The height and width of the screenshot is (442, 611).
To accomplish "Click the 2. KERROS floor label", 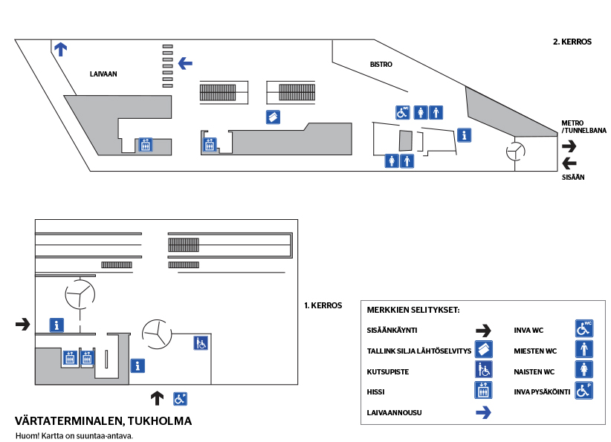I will [572, 42].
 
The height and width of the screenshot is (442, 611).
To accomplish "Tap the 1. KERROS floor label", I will [323, 305].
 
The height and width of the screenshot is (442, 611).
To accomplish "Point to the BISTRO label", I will [381, 65].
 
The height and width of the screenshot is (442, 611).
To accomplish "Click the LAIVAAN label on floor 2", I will [103, 74].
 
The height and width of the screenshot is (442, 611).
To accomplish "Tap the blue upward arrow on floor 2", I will [60, 50].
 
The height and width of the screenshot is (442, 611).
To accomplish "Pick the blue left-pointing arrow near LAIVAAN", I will [185, 64].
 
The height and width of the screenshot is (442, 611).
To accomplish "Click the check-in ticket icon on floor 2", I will [274, 116].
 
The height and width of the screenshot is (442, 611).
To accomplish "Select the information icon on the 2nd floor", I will [464, 135].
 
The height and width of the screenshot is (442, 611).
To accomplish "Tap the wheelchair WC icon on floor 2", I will [402, 112].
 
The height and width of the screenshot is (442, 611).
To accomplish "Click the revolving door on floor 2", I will [515, 152].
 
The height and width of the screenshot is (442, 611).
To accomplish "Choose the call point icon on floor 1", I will [201, 342].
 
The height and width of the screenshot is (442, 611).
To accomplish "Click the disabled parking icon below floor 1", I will [180, 398].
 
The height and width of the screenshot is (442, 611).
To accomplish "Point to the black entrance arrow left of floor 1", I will [23, 324].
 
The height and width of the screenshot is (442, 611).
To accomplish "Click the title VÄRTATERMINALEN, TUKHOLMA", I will [103, 421].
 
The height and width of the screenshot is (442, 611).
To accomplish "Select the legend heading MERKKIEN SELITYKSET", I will [413, 310].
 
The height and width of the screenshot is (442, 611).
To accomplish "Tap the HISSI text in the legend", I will [376, 391].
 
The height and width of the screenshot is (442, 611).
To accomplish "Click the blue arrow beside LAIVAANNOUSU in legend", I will [484, 412].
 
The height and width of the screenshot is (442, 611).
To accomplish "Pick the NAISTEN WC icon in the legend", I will [584, 369].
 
